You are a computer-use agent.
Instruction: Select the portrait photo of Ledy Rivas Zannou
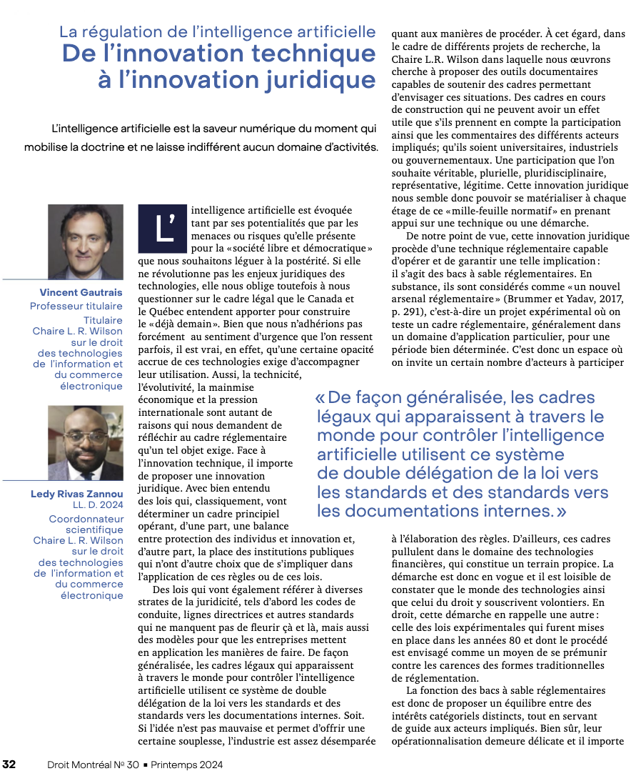pos(85,442)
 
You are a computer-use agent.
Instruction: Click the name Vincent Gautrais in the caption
pos(81,292)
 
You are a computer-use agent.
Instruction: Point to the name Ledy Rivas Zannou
pos(77,494)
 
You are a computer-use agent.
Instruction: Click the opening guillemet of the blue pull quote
pos(320,398)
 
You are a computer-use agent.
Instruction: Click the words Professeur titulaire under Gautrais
pos(76,306)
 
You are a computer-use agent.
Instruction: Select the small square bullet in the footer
pos(146,765)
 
